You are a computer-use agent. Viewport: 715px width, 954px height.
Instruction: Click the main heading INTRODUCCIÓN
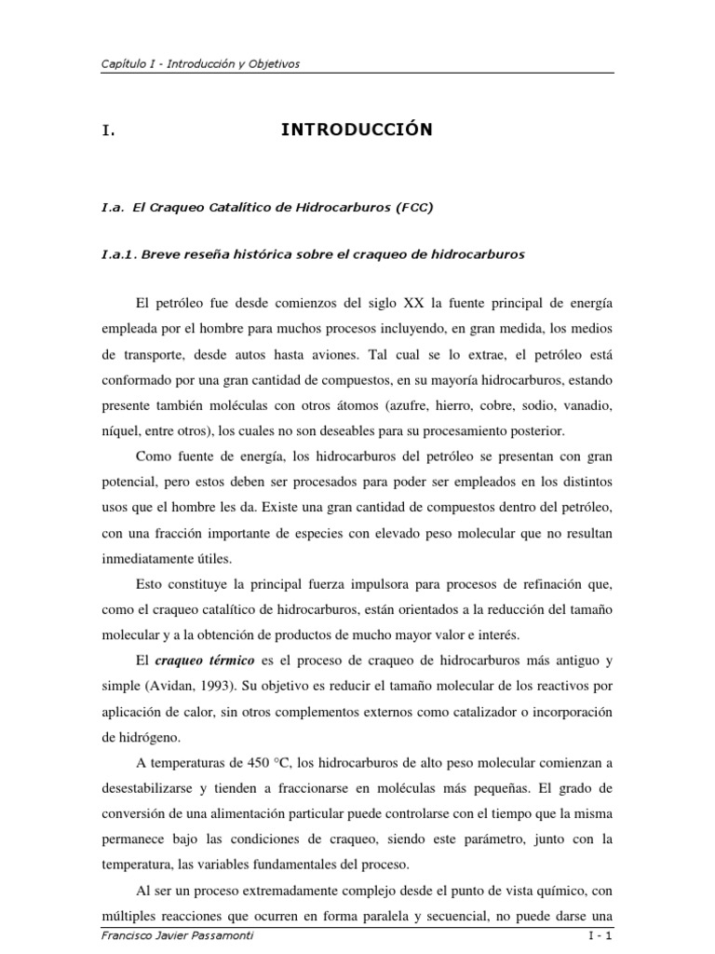pos(357,130)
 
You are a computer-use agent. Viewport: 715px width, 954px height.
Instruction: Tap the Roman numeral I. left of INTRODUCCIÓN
pos(108,131)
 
